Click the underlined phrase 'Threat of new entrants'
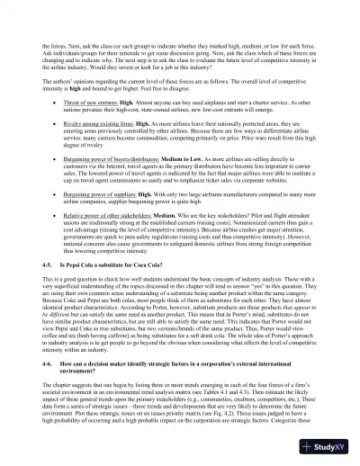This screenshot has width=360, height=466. pyautogui.click(x=98, y=128)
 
